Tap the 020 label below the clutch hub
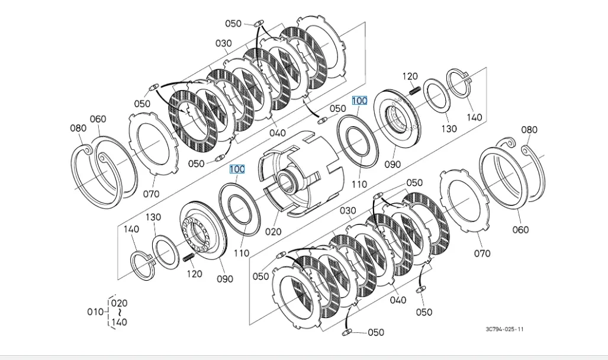pos(273,231)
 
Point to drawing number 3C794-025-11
pos(504,330)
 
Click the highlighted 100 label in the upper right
pos(359,101)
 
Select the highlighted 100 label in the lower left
pos(237,169)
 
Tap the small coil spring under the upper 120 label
pos(415,89)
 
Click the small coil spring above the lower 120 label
pos(189,258)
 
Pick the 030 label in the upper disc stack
pos(223,43)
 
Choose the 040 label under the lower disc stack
pos(398,300)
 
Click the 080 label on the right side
pos(529,130)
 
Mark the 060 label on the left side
pos(98,119)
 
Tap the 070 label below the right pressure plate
pos(482,253)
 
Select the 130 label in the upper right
pos(449,128)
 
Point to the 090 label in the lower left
pos(225,279)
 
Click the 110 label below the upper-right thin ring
pos(359,184)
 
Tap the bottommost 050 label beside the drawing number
pos(375,332)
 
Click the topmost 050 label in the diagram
pos(233,24)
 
